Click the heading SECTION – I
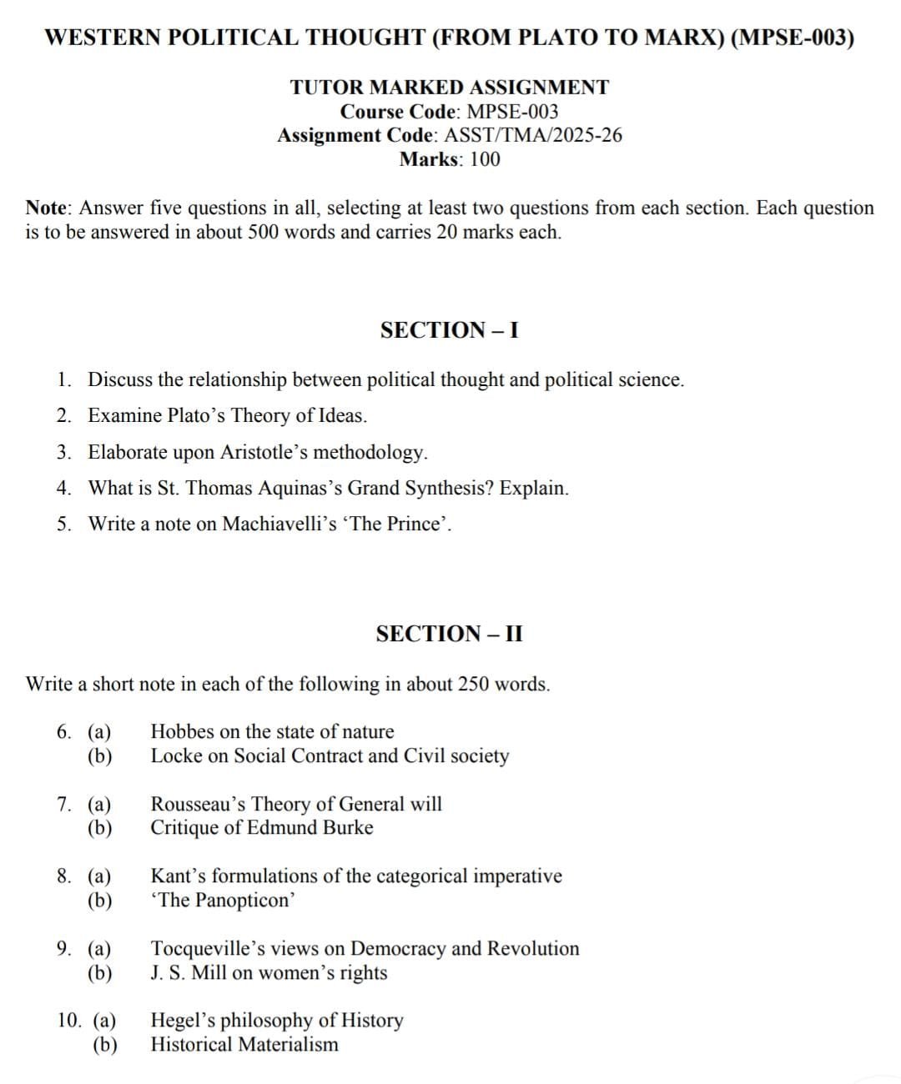pos(449,330)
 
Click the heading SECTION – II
pos(449,634)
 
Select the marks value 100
pos(485,159)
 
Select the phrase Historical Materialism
pos(244,1044)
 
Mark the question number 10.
pos(70,1020)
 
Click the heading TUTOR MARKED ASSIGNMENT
pos(450,87)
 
